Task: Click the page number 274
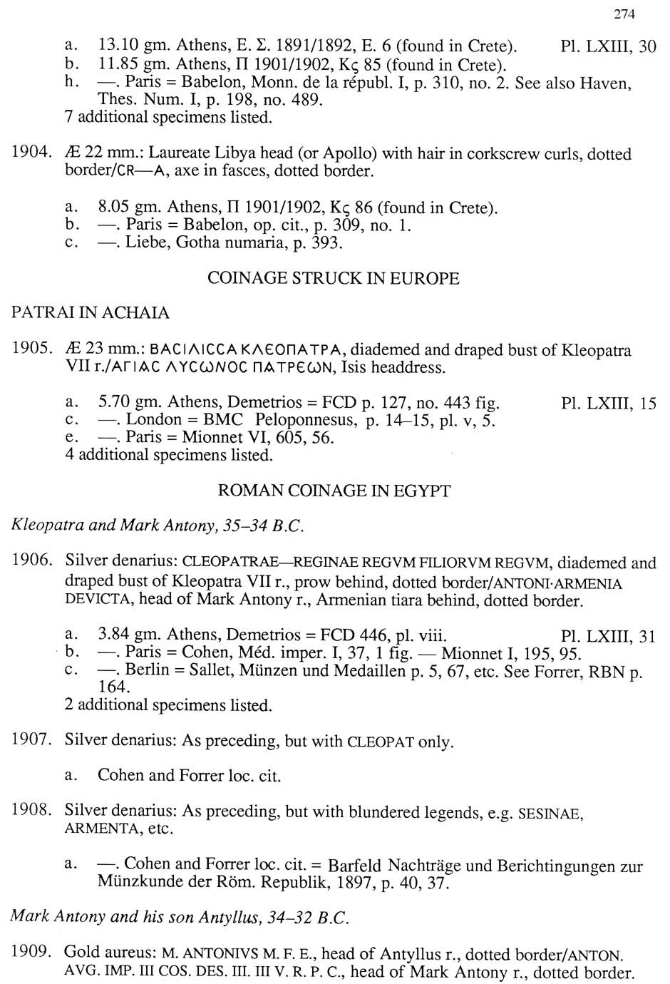(623, 14)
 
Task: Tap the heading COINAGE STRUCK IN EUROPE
(334, 278)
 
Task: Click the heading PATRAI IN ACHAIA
(91, 313)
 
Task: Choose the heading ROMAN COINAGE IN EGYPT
(334, 491)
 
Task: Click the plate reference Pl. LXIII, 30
(608, 48)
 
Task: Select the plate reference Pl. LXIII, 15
(608, 404)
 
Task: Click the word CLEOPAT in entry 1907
(381, 742)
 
